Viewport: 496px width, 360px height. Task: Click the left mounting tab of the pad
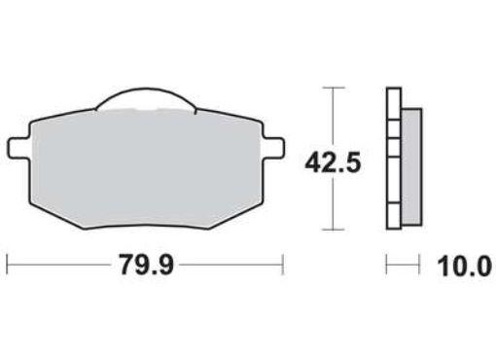[x=18, y=147]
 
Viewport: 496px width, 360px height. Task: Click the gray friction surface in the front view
[x=146, y=161]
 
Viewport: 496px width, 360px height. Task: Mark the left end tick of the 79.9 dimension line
[x=8, y=264]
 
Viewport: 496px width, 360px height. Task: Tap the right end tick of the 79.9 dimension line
[x=282, y=264]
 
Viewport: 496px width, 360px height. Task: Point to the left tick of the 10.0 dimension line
[x=387, y=264]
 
